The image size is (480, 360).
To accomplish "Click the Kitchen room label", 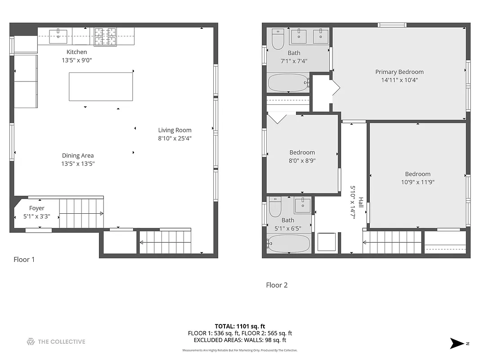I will tap(76, 52).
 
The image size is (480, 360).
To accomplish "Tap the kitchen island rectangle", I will tap(101, 86).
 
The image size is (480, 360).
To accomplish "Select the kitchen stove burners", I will tap(105, 36).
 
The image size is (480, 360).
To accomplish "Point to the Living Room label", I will tap(175, 130).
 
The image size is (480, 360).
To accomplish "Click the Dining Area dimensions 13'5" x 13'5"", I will tap(78, 164).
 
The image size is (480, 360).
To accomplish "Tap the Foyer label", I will tap(37, 208).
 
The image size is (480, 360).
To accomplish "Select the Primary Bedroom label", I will tap(399, 72).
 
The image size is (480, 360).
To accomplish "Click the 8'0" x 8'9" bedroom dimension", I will tap(302, 160).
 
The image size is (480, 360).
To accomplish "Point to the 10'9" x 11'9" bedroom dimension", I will tap(417, 182).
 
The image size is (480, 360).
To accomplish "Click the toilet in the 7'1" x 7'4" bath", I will tap(278, 40).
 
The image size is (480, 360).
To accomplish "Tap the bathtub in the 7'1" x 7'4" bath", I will tap(288, 83).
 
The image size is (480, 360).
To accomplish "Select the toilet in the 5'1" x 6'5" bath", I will tap(275, 207).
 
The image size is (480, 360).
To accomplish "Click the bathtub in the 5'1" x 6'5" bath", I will tap(288, 243).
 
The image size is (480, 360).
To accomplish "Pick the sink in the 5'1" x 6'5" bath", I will tap(302, 205).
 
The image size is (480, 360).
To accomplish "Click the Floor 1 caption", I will tap(24, 260).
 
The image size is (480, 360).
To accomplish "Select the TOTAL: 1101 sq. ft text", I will tap(240, 326).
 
